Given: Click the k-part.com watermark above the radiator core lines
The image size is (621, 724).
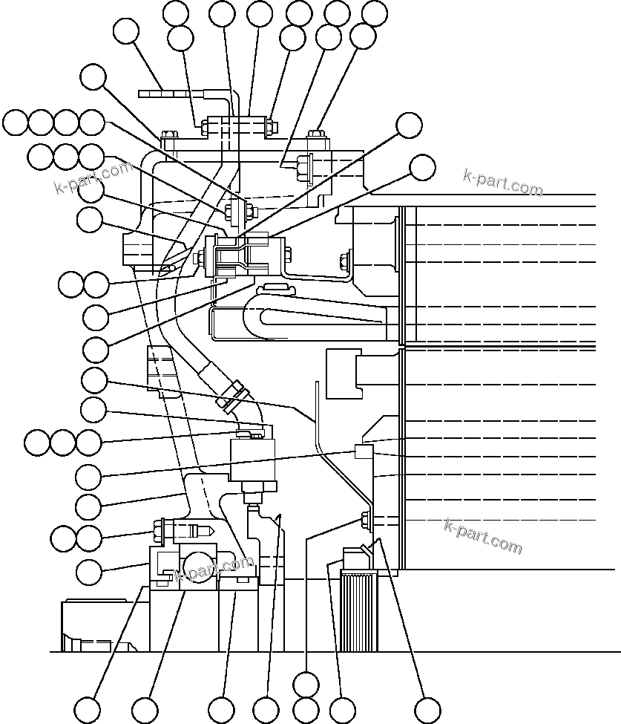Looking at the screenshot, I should [x=502, y=181].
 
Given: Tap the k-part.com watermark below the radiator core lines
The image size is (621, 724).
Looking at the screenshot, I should [x=483, y=536].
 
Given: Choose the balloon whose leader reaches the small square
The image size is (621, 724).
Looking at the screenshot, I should [x=90, y=475].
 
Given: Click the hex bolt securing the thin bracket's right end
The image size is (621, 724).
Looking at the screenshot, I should [x=344, y=261].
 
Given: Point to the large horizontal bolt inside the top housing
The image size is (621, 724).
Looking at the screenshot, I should [x=305, y=166].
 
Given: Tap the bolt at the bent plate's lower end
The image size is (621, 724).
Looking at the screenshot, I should [x=365, y=520].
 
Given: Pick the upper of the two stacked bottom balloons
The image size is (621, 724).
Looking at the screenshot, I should [x=306, y=682].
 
